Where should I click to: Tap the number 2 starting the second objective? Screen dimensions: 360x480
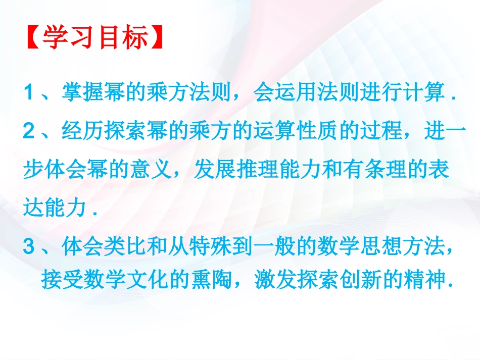click(29, 132)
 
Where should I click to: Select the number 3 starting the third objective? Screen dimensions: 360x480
click(29, 247)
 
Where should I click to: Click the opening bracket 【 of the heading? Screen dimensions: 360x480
click(32, 38)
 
